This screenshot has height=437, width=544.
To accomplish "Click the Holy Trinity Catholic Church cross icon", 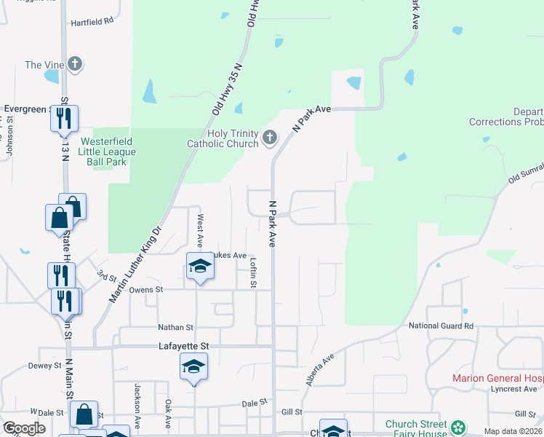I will coord(270,137).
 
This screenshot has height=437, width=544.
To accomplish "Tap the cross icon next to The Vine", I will coord(75,64).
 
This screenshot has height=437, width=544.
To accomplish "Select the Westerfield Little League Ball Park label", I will coord(108,151).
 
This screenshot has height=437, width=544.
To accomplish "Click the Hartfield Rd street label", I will coord(92,22).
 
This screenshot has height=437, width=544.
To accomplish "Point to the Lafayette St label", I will coord(184,347).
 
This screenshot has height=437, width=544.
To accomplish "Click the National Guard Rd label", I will coord(441,326).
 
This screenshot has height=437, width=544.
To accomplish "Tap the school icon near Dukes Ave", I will coord(200,267).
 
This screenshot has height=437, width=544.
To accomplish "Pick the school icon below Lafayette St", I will coord(194,367).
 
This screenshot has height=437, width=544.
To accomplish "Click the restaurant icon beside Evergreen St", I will coord(64,118).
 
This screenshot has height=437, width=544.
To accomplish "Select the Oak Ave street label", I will coord(167,413).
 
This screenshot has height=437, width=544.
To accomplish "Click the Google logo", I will coord(23,428).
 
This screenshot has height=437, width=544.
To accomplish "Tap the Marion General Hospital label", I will coord(497,378).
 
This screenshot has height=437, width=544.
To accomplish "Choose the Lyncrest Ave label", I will coord(513,390).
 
